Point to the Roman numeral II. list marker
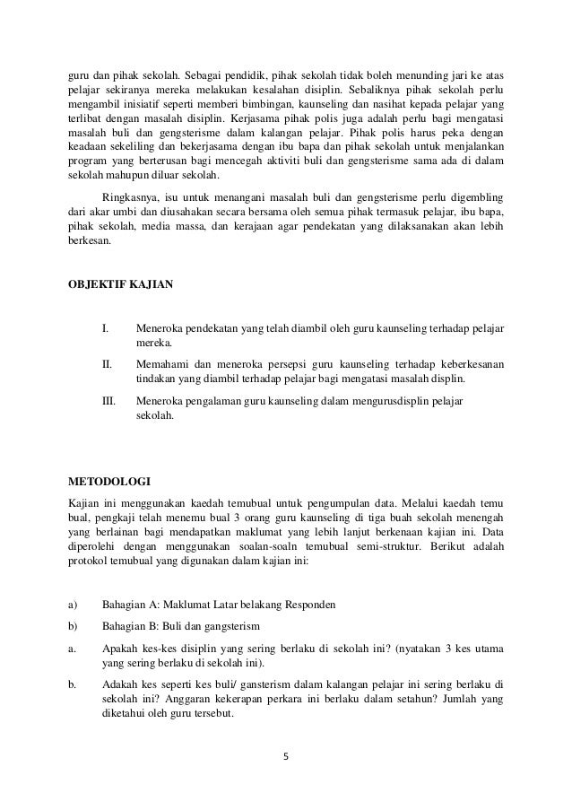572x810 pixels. point(107,364)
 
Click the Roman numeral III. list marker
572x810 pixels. point(108,401)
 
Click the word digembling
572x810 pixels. point(475,196)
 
